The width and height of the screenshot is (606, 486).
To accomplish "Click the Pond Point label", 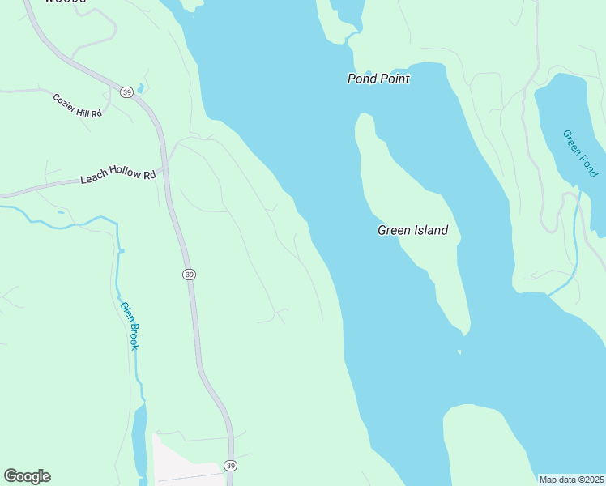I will pyautogui.click(x=378, y=79).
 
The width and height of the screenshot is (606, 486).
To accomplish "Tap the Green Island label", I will pyautogui.click(x=412, y=230).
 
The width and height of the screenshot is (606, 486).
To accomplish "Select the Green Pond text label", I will pyautogui.click(x=580, y=153).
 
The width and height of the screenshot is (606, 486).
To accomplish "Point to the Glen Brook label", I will pyautogui.click(x=130, y=325).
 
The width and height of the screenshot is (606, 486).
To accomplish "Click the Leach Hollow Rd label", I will pyautogui.click(x=117, y=176).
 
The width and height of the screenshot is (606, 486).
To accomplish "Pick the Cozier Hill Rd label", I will pyautogui.click(x=78, y=106).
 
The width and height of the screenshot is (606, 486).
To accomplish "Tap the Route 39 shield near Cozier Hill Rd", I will pyautogui.click(x=126, y=93).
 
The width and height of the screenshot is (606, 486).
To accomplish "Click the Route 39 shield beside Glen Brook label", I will pyautogui.click(x=189, y=275).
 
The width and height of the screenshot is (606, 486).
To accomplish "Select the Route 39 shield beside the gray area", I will pyautogui.click(x=231, y=466).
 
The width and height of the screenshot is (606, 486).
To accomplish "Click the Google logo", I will pyautogui.click(x=27, y=476).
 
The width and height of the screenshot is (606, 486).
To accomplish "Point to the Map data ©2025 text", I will pyautogui.click(x=571, y=480).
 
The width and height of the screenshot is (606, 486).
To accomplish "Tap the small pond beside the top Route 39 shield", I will pyautogui.click(x=141, y=87).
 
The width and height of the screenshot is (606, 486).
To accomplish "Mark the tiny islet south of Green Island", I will pyautogui.click(x=459, y=352).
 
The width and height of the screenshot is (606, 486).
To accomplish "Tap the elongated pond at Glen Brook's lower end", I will pyautogui.click(x=139, y=437).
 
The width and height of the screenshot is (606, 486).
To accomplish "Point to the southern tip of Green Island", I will pyautogui.click(x=465, y=331).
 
